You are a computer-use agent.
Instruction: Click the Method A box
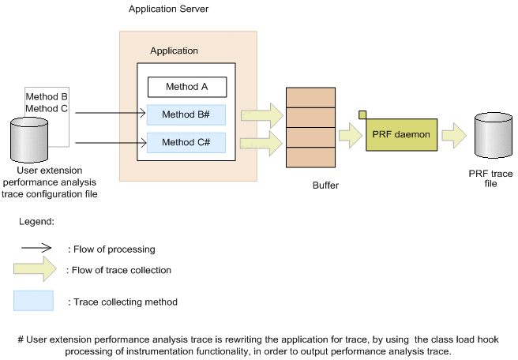pos(187,87)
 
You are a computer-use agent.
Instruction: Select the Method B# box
pos(186,114)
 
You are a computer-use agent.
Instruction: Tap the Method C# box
pos(186,143)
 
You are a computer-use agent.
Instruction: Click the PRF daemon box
pos(400,135)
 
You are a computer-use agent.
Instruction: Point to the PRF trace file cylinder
pos(494,137)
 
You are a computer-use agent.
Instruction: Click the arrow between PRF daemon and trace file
pos(454,135)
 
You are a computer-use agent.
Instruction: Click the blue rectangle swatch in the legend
pos(33,300)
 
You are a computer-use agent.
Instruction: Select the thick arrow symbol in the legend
pos(35,271)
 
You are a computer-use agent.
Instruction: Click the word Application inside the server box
pos(174,51)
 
